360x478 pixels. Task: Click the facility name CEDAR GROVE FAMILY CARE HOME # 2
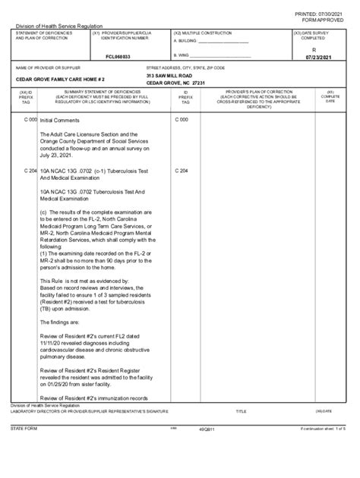[x=60, y=79]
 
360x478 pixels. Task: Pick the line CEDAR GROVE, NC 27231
[x=176, y=83]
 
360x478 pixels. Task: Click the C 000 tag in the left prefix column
[x=30, y=120]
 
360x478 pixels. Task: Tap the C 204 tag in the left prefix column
[x=30, y=171]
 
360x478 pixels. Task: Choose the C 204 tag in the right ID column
[x=181, y=171]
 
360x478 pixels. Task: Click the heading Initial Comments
[x=59, y=120]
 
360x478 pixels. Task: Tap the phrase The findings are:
[x=62, y=321]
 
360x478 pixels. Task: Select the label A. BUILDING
[x=185, y=41]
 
